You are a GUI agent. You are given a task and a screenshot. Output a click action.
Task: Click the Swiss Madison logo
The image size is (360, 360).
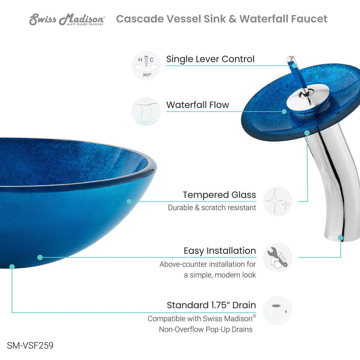(67, 19)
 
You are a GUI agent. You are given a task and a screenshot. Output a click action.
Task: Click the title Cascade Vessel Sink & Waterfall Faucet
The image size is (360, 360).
(221, 19)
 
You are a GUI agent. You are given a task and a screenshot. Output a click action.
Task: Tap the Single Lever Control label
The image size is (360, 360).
(210, 59)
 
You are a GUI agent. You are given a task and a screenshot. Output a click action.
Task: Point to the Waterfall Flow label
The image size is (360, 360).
(198, 105)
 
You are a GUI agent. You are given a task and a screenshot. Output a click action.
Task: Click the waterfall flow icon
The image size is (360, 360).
(146, 111)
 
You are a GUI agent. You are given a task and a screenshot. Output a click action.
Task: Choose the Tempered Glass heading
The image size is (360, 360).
(219, 195)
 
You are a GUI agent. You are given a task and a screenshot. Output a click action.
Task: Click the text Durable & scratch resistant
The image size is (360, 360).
(212, 207)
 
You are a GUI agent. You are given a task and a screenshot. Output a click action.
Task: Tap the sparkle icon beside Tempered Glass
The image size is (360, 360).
(278, 201)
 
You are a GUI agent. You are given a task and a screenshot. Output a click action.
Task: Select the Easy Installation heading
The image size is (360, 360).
(220, 251)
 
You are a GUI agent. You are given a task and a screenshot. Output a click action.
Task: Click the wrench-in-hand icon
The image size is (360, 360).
(278, 257)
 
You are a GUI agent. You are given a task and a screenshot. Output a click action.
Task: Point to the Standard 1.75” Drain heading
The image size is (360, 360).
(211, 305)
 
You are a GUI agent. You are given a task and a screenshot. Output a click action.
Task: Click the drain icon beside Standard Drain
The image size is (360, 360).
(278, 310)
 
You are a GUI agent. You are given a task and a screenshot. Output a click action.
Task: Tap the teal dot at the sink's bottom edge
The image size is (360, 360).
(12, 266)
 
